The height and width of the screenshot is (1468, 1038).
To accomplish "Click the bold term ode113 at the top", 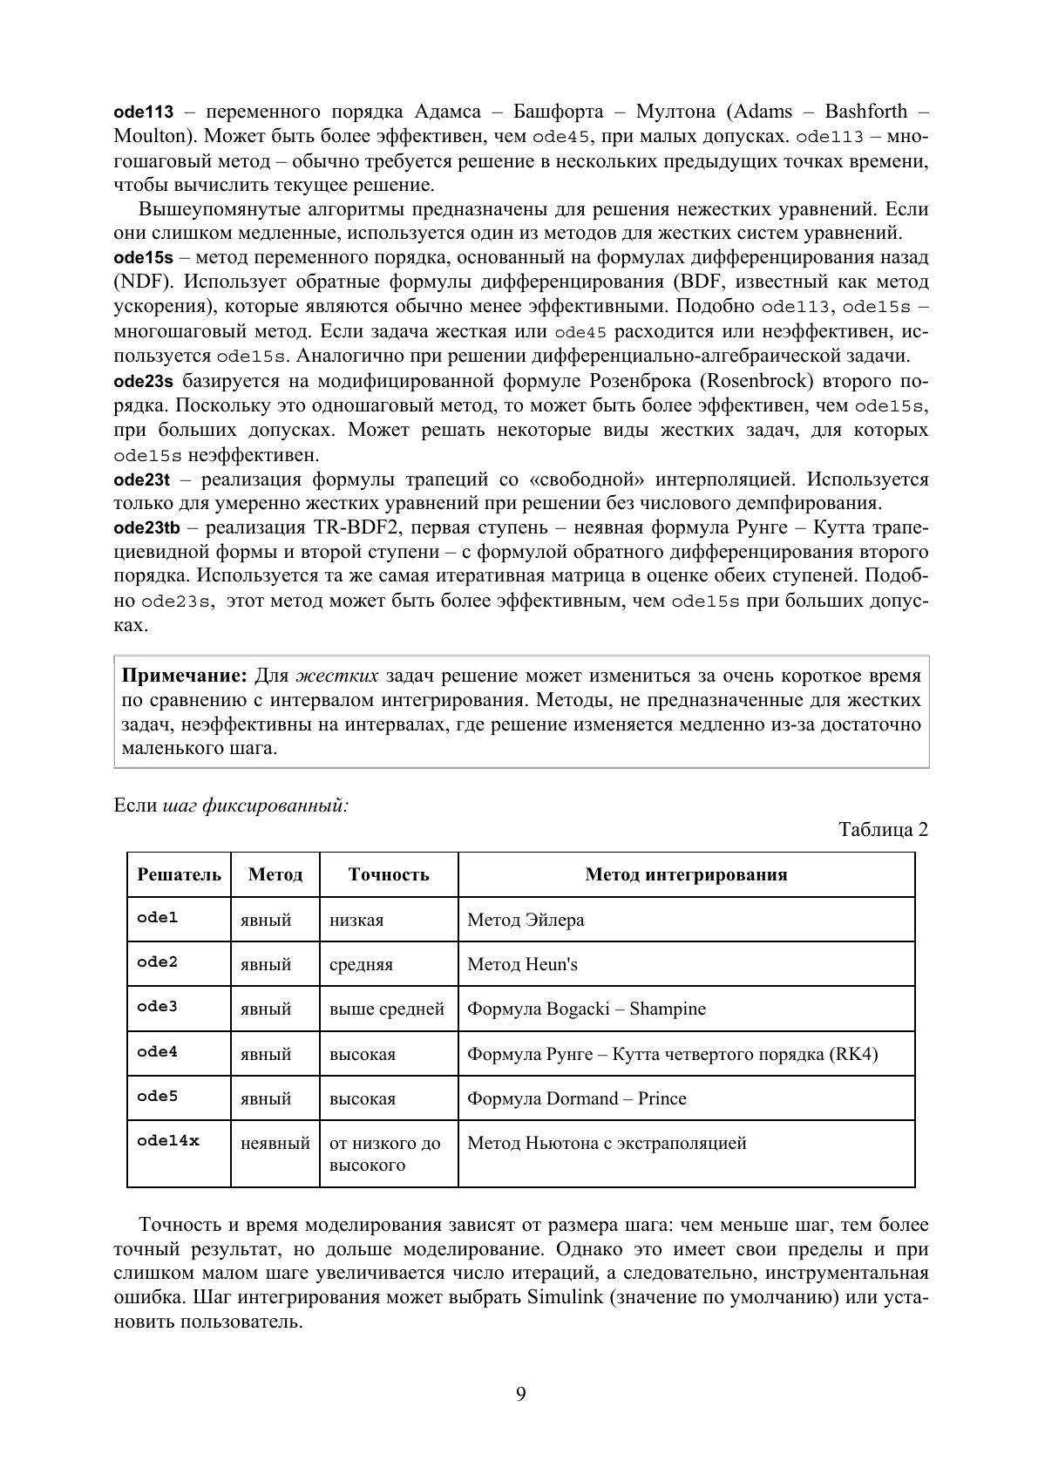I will click(x=144, y=112).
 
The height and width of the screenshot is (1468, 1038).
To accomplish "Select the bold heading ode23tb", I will click(x=147, y=527).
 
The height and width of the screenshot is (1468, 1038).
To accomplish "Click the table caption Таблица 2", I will click(x=883, y=829).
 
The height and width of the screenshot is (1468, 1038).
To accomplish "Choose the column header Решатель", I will click(x=179, y=874).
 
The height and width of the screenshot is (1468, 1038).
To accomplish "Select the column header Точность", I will click(x=389, y=874).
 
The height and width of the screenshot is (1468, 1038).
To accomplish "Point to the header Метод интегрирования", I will click(x=686, y=874).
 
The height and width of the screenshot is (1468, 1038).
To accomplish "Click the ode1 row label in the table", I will click(x=157, y=917).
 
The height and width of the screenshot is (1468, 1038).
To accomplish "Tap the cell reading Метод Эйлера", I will click(x=526, y=920).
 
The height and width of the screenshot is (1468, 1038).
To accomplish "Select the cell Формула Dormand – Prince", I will click(x=576, y=1098).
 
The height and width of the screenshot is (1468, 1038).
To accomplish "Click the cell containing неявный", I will click(x=275, y=1143).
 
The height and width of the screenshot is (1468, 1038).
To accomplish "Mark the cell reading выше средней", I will click(x=387, y=1009).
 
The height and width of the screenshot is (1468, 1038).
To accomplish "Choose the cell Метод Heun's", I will click(x=522, y=964).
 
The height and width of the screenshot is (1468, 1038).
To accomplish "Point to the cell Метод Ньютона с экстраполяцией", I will click(x=607, y=1143).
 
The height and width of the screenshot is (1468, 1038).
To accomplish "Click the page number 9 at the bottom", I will click(x=520, y=1394).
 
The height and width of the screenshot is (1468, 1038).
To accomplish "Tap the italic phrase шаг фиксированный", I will click(x=254, y=805).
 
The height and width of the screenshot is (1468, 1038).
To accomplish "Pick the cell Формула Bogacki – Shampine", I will click(x=586, y=1009).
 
